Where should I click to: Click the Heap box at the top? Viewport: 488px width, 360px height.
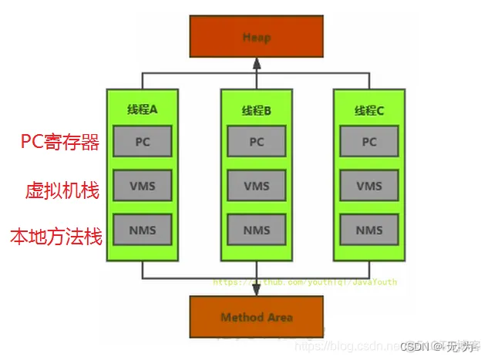pos(256,36)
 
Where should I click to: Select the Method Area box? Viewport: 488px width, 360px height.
pos(256,317)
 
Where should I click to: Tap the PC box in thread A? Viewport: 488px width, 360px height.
pos(142,142)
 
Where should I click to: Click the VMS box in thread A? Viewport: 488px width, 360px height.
pos(142,186)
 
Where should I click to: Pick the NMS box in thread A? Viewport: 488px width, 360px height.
pos(142,230)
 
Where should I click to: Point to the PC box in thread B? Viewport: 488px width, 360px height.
pos(256,142)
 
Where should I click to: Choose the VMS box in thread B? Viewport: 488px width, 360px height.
pos(256,186)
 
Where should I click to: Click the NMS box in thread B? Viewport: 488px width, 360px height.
pos(256,230)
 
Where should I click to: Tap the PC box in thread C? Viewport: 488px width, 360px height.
pos(369,142)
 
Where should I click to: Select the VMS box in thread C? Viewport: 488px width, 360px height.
pos(369,186)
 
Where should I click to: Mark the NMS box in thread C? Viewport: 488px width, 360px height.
pos(369,230)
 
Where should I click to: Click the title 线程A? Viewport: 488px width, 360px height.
pos(142,109)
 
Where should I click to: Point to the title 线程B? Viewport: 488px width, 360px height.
pos(256,109)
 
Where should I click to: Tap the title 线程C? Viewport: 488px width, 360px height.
pos(369,109)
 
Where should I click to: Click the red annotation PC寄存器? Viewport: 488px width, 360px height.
pos(60,142)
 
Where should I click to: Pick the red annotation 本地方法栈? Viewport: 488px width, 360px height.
pos(56,236)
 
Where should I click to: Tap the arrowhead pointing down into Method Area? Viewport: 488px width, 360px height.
pos(256,291)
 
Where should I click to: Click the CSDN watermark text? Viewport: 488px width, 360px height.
pos(439,345)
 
